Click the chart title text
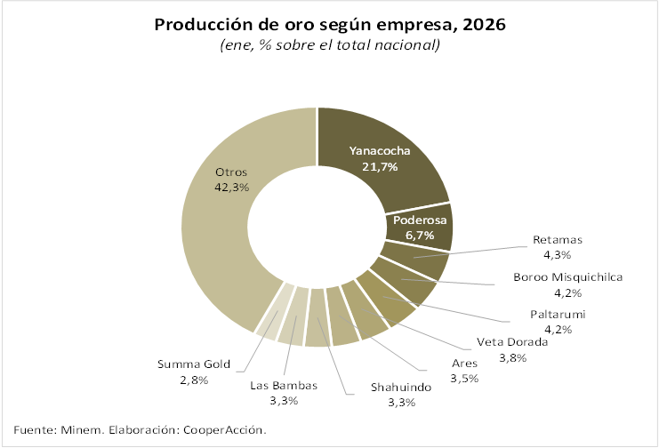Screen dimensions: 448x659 point(330,24)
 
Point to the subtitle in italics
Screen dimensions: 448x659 point(330,45)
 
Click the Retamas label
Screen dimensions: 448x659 point(558,240)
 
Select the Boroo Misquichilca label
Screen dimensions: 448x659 point(568,276)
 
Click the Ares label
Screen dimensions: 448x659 point(464,363)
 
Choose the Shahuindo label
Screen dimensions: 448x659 point(400,388)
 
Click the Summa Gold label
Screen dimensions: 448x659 point(194,364)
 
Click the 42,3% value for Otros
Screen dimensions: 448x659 point(231,188)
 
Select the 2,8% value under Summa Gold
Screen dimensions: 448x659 point(194,380)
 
